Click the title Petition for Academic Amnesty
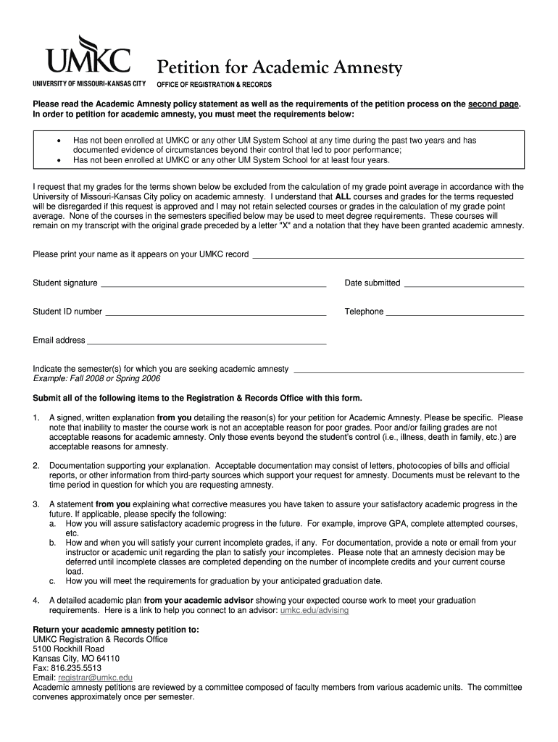click(280, 68)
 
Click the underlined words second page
click(494, 104)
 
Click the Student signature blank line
click(213, 285)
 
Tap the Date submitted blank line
click(463, 285)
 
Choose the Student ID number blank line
click(215, 314)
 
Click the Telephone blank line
click(454, 314)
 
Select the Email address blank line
click(207, 342)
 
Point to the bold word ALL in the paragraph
click(344, 196)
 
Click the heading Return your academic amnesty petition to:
click(116, 630)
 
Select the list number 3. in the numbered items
click(36, 504)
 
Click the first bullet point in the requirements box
click(58, 141)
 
